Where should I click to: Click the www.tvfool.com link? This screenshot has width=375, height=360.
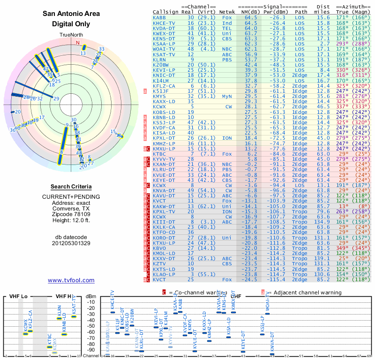tap(71, 280)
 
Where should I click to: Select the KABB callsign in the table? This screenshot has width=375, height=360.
tap(159, 17)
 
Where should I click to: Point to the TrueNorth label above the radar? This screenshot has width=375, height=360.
tap(71, 35)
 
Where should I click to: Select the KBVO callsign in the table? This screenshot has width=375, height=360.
tap(159, 248)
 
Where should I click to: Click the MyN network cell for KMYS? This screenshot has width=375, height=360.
tap(228, 96)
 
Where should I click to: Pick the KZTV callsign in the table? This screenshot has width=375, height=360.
tap(159, 263)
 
